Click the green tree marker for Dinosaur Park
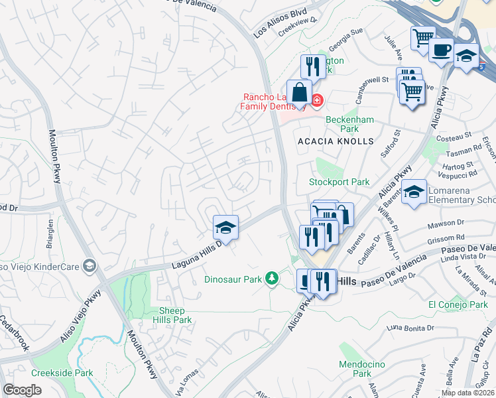(271, 279)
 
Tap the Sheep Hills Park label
(175, 315)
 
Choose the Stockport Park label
(339, 182)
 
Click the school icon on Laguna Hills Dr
(225, 227)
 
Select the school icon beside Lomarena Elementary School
(414, 192)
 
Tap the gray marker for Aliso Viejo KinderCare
(89, 267)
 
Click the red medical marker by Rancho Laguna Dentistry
(317, 100)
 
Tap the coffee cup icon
(441, 50)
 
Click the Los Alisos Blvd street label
(280, 23)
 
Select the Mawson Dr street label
(446, 222)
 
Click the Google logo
(23, 390)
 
